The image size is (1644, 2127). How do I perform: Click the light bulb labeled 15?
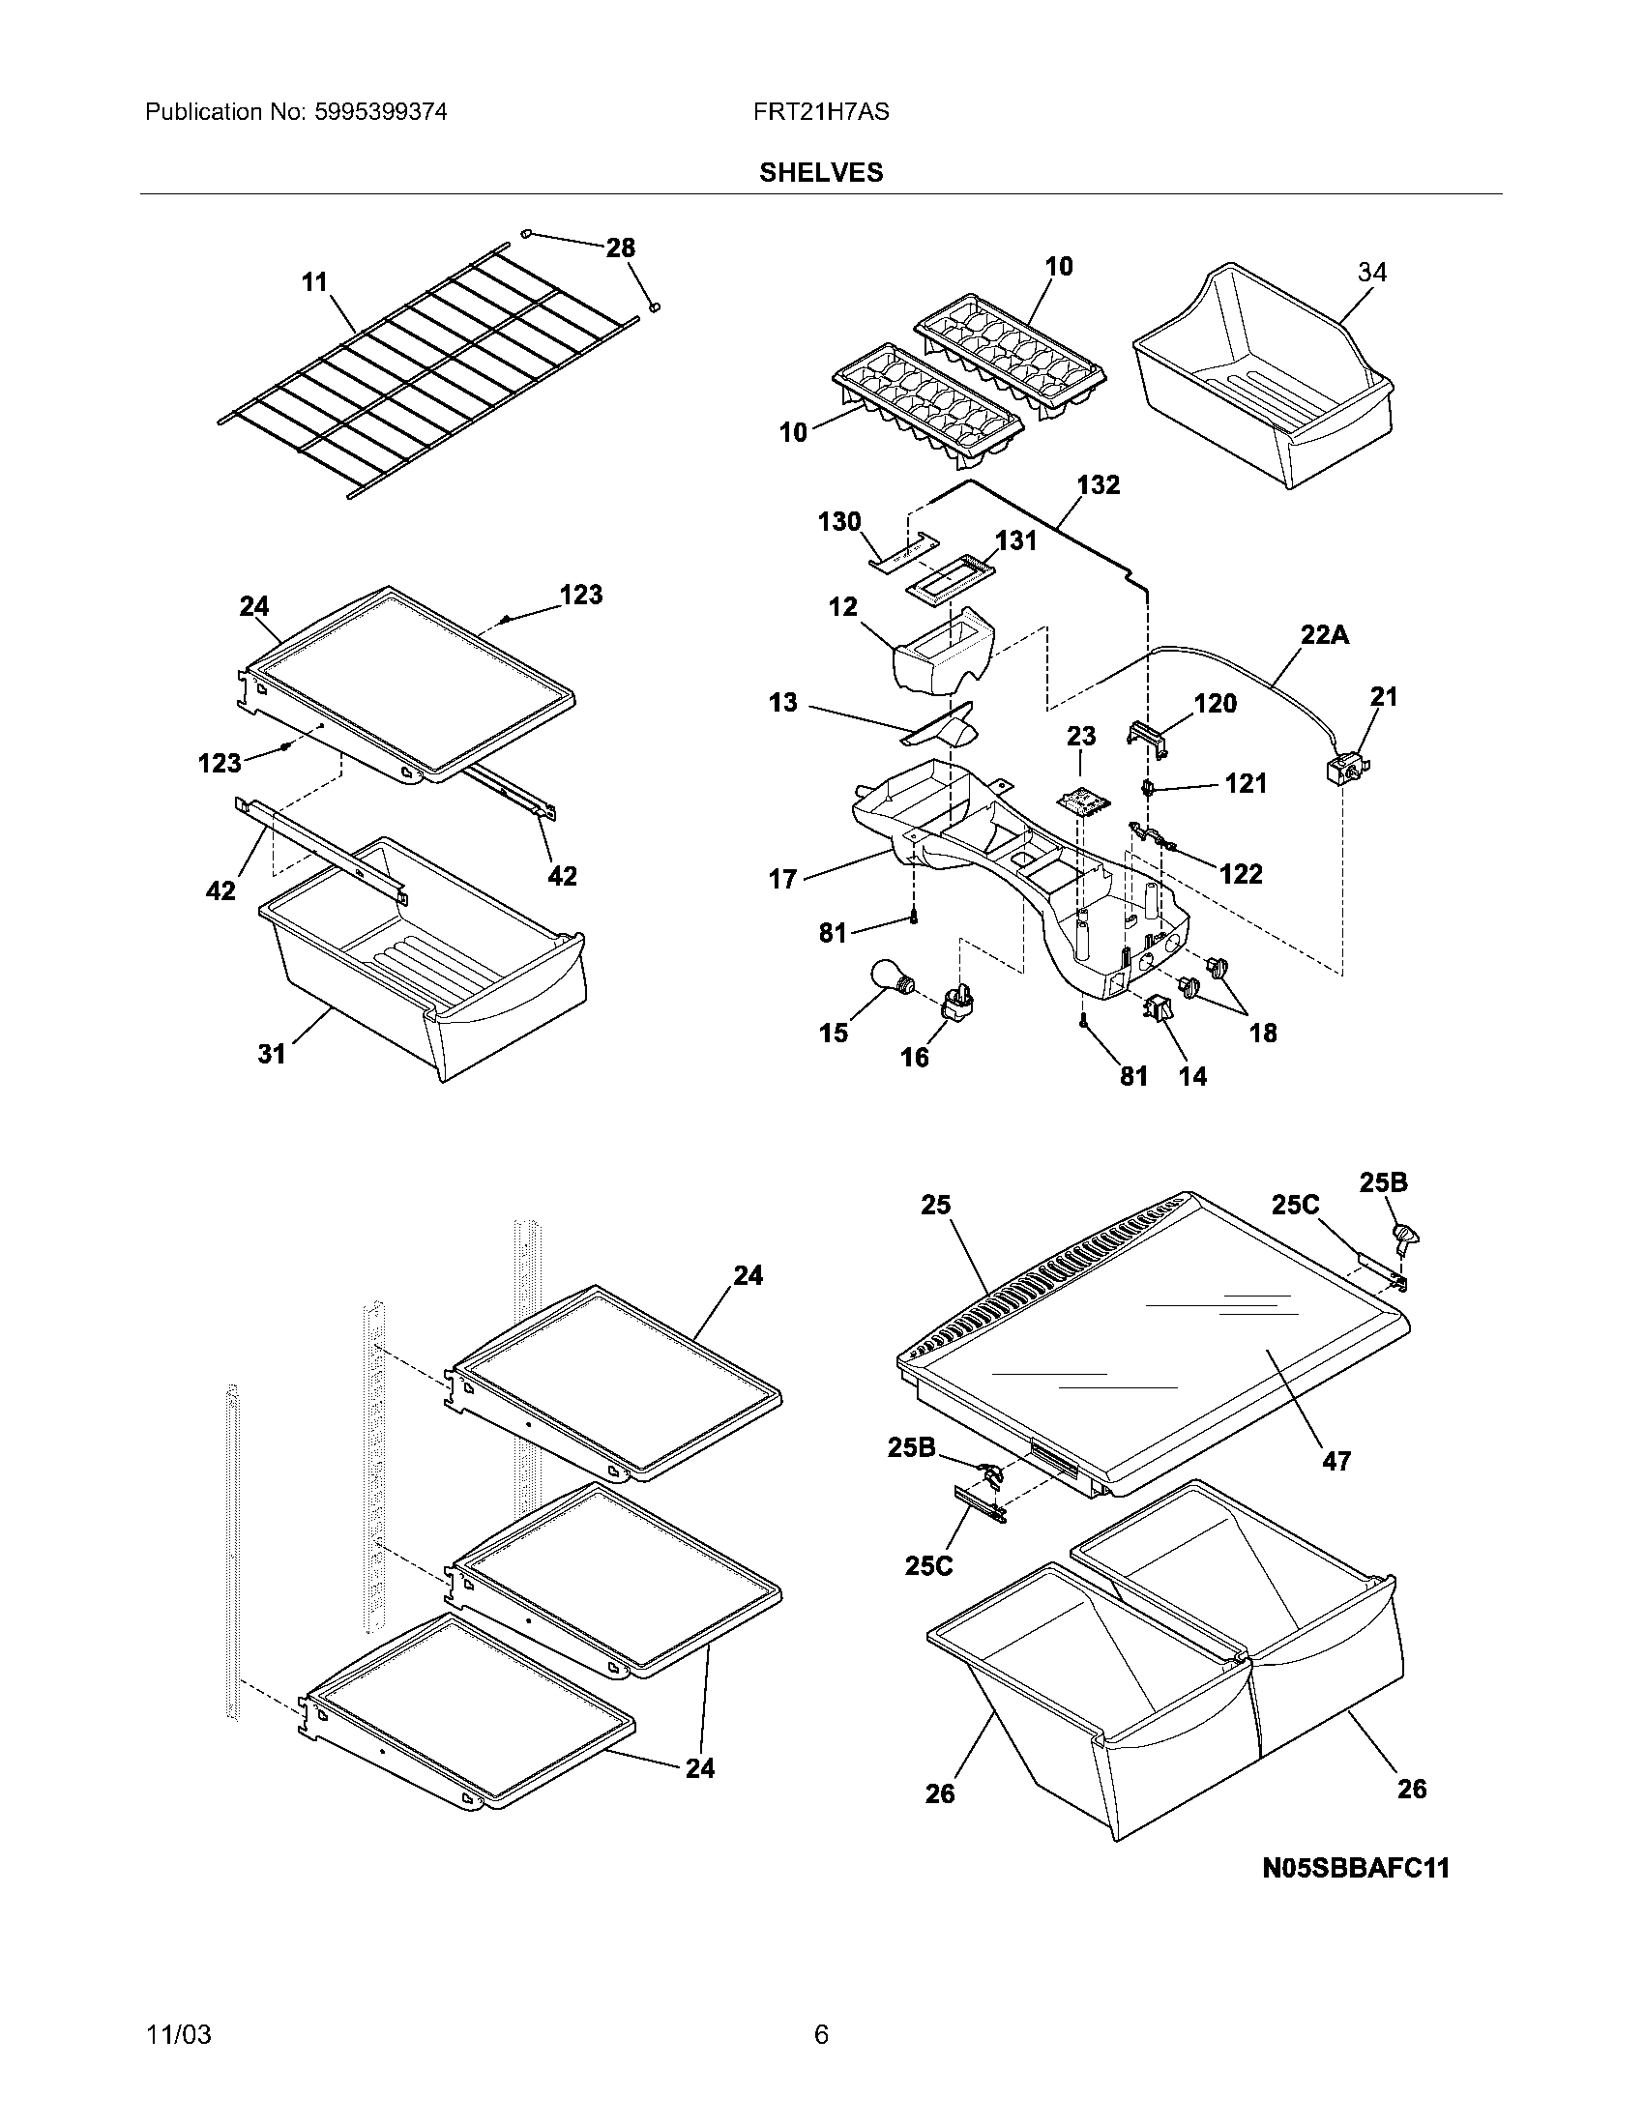pos(889,976)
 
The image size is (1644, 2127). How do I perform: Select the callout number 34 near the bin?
pos(1372,273)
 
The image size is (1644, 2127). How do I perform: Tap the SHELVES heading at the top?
pos(821,172)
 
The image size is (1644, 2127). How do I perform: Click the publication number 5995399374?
pos(380,112)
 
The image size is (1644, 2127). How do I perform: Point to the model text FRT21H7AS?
pos(820,112)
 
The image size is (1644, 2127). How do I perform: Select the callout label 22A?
pos(1325,635)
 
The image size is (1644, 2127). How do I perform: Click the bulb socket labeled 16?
pos(956,1002)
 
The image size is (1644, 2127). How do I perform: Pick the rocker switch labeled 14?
pos(1158,1010)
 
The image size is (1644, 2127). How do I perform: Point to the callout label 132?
pos(1098,485)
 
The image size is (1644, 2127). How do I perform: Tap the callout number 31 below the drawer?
pos(272,1053)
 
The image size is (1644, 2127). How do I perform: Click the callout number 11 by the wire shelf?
pos(314,282)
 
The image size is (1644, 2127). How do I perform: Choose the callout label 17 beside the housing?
pos(782,880)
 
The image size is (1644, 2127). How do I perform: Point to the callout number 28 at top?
pos(621,248)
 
